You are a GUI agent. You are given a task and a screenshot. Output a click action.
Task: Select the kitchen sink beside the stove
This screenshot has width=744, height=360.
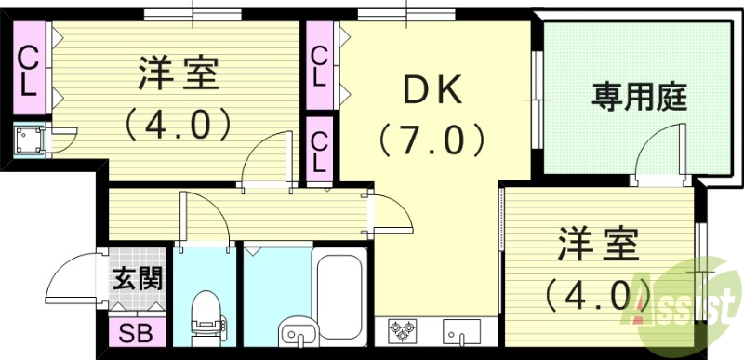point(460,331)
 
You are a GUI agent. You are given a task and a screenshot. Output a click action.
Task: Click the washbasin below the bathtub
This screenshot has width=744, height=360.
point(296,329)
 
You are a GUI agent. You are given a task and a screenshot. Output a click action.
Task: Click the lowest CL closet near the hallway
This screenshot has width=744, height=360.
point(320,149)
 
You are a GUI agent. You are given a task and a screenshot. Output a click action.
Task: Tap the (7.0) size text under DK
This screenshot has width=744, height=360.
point(432,141)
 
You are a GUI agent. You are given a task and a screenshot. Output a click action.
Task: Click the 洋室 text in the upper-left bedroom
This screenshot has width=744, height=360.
point(180,73)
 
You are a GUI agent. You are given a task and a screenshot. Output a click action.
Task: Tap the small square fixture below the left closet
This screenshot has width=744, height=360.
point(28,140)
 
